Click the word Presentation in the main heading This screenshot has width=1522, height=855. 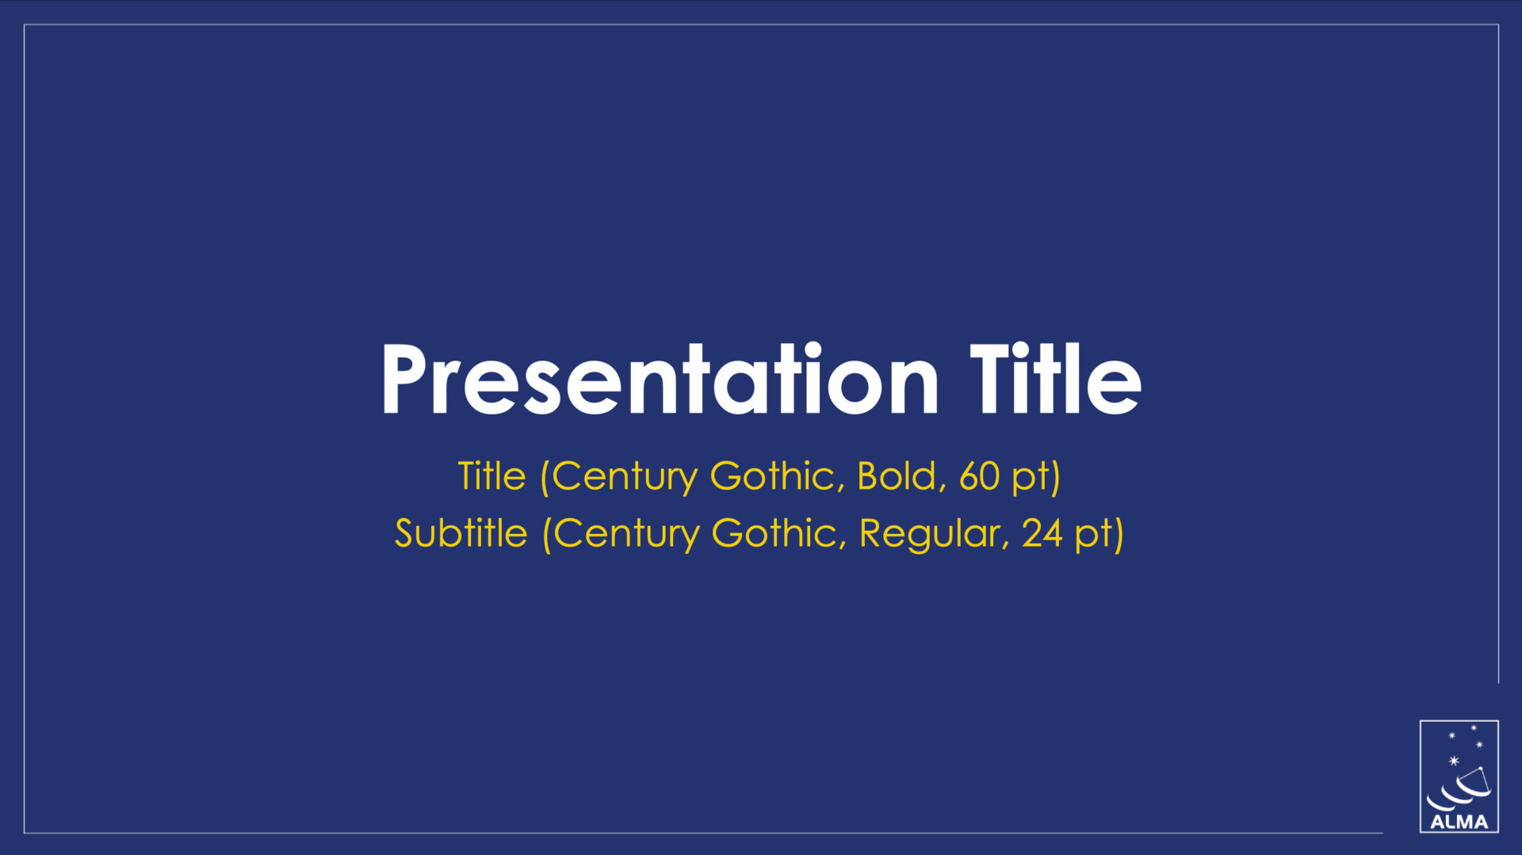660,380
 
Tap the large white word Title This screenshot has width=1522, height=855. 1056,380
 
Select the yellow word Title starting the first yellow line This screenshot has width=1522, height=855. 491,476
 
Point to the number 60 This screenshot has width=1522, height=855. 979,476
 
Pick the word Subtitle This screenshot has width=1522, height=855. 461,533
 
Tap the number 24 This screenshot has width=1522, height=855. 1042,533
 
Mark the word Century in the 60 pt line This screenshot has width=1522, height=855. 625,477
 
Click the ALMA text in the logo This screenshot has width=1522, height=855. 1459,823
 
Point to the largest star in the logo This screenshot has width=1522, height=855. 1454,761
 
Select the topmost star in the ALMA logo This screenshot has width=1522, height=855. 1474,727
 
